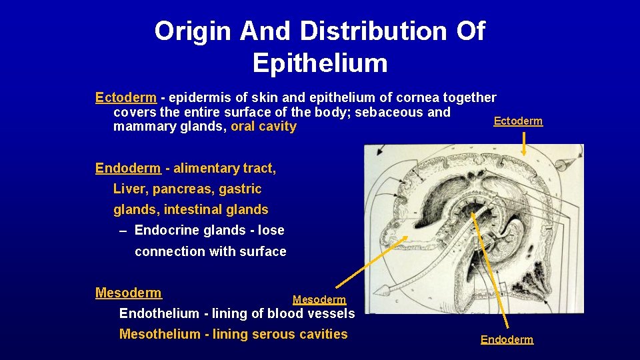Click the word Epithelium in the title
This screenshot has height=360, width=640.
point(320,63)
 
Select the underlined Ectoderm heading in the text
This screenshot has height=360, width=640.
point(126,98)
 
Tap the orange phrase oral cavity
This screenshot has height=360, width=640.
point(263,127)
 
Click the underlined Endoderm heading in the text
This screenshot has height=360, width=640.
point(128,169)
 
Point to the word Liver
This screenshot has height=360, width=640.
point(129,189)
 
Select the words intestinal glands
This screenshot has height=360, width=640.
point(216,210)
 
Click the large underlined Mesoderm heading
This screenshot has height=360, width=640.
point(129,293)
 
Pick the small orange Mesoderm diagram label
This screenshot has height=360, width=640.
point(319,301)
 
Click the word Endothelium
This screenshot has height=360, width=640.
point(159,313)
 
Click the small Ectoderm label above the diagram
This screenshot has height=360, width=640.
point(518,121)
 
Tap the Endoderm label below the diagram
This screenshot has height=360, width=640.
point(507,340)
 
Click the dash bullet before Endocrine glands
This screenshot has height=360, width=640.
point(123,231)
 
